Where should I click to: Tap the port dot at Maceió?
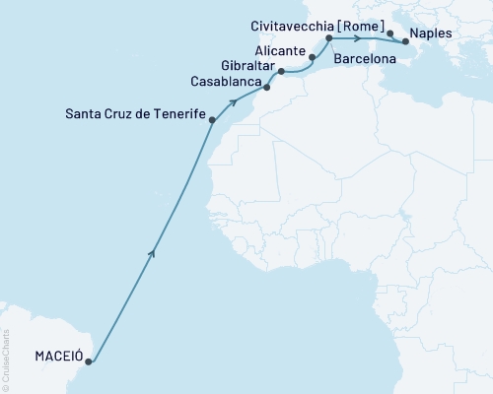coord(89,361)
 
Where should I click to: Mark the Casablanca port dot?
coord(263,89)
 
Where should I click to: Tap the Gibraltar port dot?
coord(281,72)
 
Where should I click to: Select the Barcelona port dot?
coord(328,38)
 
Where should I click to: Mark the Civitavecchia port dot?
coord(390,34)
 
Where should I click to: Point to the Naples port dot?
coord(405,42)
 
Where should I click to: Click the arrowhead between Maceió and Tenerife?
coord(151,254)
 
